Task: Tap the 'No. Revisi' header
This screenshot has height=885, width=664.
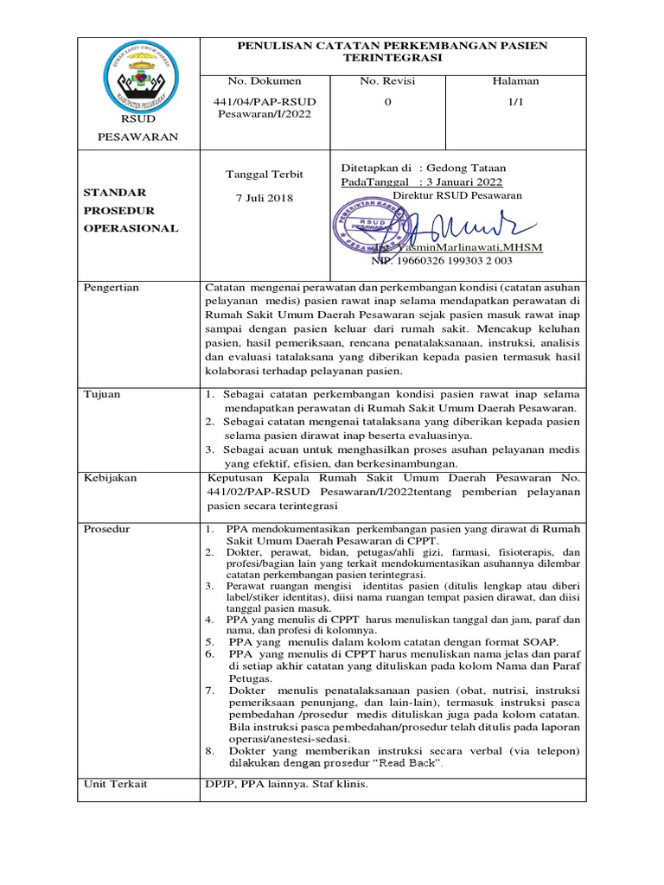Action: pyautogui.click(x=387, y=81)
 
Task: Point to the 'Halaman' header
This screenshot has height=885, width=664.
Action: pyautogui.click(x=515, y=81)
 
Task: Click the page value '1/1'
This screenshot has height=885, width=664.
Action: pyautogui.click(x=515, y=101)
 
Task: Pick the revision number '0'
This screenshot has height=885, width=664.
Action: pyautogui.click(x=387, y=101)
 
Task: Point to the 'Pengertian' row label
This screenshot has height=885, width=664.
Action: pyautogui.click(x=111, y=288)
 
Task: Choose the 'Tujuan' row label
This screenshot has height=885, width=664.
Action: pyautogui.click(x=102, y=394)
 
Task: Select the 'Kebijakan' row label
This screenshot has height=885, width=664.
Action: pyautogui.click(x=109, y=477)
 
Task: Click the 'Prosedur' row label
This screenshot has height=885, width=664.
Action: pyautogui.click(x=106, y=528)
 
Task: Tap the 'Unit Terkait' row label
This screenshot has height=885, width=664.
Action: pyautogui.click(x=115, y=784)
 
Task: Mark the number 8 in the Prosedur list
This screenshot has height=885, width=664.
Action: pyautogui.click(x=209, y=751)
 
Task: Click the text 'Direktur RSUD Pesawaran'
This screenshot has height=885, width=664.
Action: pyautogui.click(x=456, y=195)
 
